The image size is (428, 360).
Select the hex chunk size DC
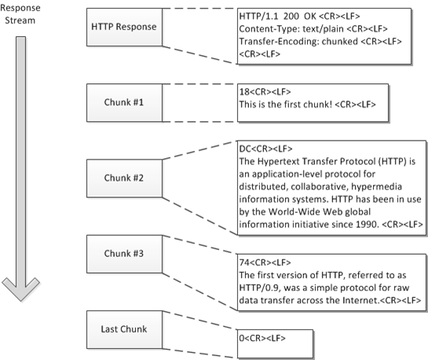click(x=244, y=148)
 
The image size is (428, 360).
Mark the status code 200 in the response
click(x=291, y=16)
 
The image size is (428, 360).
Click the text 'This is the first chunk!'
click(x=294, y=104)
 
